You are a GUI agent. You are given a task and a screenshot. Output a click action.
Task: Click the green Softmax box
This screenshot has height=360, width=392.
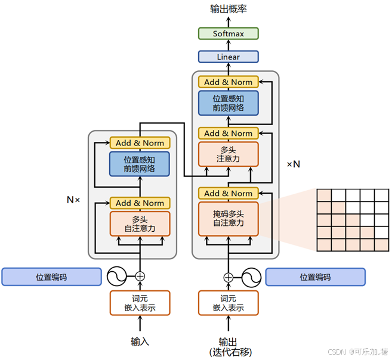(x=229, y=33)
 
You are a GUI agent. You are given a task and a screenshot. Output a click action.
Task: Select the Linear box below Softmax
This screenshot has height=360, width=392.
(x=229, y=57)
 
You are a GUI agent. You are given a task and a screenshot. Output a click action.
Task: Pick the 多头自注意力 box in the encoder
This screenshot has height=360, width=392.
(x=140, y=224)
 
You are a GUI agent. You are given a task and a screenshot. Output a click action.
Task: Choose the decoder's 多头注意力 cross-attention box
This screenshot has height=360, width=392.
(x=229, y=154)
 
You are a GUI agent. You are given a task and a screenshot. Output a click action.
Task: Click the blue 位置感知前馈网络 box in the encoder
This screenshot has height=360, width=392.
(x=140, y=164)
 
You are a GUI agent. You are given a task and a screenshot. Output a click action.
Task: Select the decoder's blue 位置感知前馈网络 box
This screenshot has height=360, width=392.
(x=229, y=103)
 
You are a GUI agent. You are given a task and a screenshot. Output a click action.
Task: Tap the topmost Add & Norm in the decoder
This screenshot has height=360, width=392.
(x=229, y=82)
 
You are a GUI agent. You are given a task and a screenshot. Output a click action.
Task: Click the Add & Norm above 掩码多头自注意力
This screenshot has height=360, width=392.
(x=229, y=193)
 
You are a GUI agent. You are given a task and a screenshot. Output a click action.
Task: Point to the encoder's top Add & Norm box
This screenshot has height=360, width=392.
(x=140, y=142)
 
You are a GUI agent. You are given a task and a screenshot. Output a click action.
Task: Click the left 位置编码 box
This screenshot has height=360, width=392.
(x=51, y=277)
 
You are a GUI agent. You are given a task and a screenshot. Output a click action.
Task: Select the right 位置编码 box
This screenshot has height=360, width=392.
(x=315, y=277)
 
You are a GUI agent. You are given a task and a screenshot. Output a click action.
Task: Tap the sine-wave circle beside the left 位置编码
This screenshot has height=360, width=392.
(x=117, y=276)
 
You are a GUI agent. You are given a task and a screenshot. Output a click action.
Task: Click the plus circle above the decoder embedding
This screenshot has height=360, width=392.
(x=229, y=277)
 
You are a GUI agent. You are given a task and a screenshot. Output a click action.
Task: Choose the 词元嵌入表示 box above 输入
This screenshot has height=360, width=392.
(x=140, y=303)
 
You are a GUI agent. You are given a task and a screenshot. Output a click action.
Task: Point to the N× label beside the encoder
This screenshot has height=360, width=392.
(x=73, y=200)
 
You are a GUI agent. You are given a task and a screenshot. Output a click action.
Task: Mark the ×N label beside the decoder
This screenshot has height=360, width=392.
(x=293, y=163)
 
